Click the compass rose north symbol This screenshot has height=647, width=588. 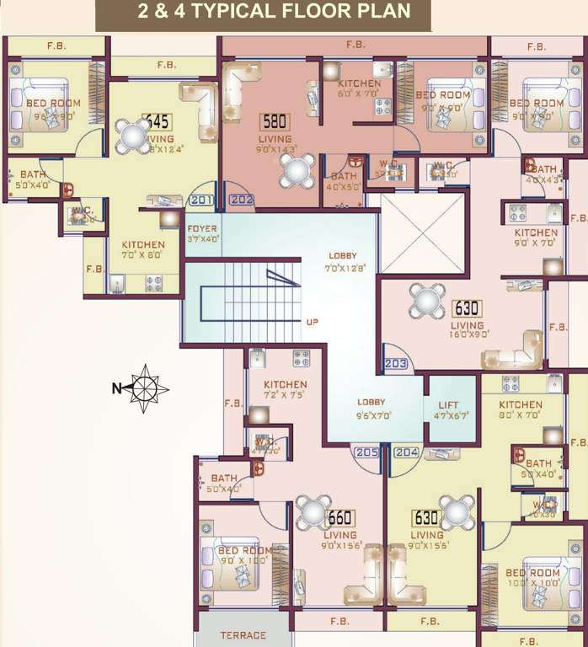click(145, 388)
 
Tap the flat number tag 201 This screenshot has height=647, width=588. click(201, 200)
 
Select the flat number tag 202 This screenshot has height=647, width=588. click(240, 201)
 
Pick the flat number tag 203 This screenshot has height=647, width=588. click(395, 364)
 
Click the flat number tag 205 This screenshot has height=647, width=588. click(366, 452)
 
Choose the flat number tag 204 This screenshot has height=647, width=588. click(406, 452)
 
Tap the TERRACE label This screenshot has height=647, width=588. click(243, 635)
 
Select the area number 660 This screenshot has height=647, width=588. click(339, 518)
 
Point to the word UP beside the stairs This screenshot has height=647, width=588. click(312, 321)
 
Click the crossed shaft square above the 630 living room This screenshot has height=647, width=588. click(422, 231)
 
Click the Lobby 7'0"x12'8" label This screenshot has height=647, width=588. click(343, 261)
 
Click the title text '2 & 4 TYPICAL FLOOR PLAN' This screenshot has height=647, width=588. click(263, 13)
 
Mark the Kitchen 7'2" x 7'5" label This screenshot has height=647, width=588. click(286, 390)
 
